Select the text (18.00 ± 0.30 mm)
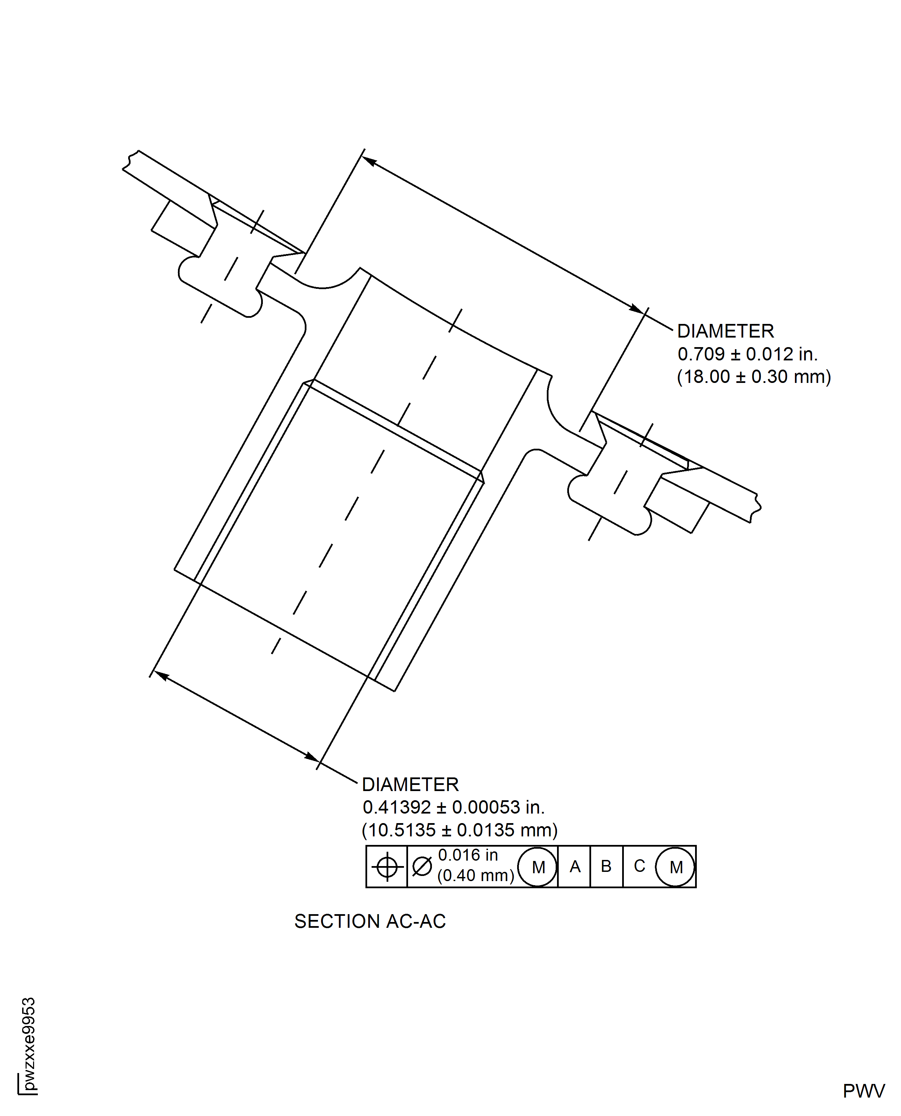[x=754, y=377]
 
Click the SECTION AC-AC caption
[x=370, y=921]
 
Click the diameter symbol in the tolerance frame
[x=422, y=866]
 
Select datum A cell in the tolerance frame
[x=574, y=866]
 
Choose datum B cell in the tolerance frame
[x=606, y=866]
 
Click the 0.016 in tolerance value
[x=468, y=855]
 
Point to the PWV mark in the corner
[x=864, y=1091]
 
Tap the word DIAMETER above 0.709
[x=725, y=331]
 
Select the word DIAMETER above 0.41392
[x=410, y=784]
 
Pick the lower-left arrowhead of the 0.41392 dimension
[x=161, y=675]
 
